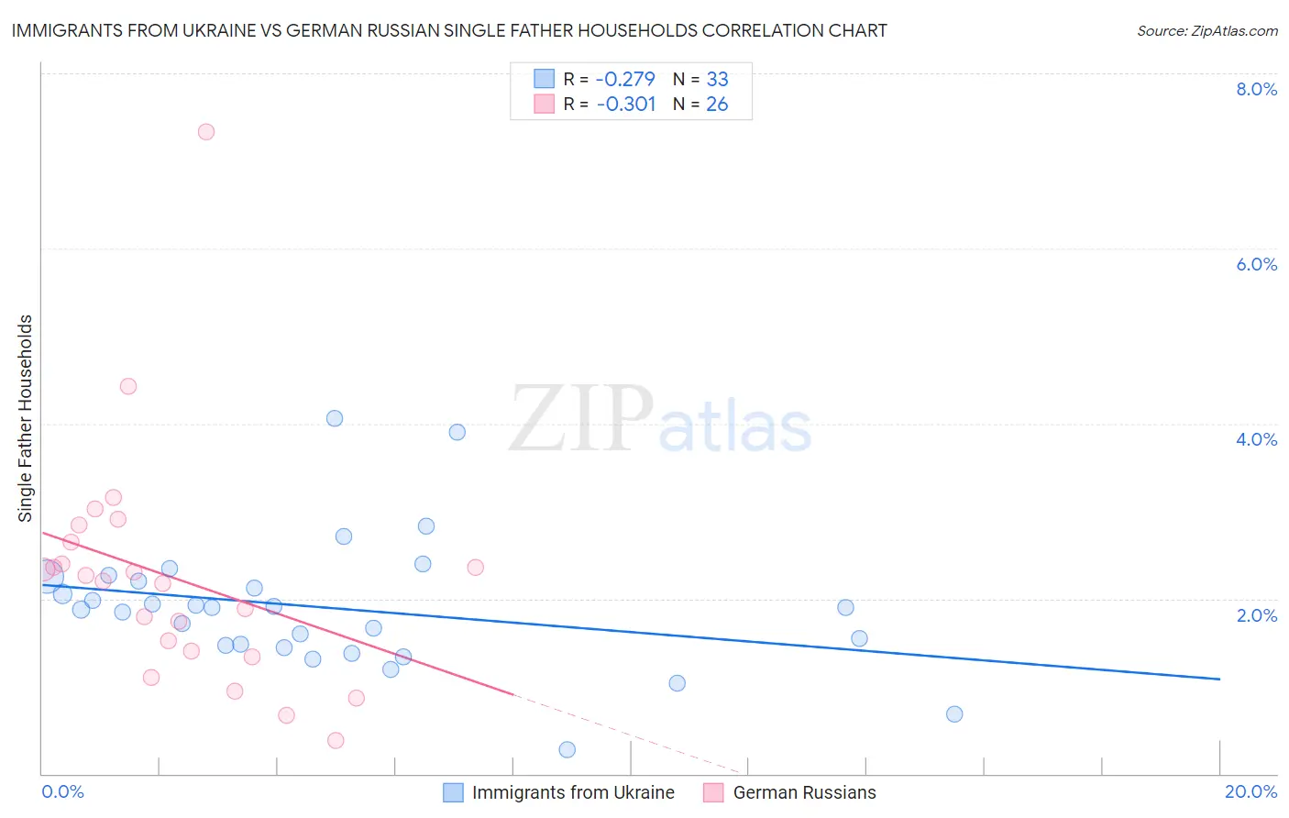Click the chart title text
(x=449, y=30)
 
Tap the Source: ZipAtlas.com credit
(x=1206, y=30)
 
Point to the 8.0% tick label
(x=1256, y=89)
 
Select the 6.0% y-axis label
(x=1256, y=264)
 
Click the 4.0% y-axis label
(x=1256, y=439)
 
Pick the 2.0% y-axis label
(x=1256, y=614)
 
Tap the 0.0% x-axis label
(x=62, y=791)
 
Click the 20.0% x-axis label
(x=1250, y=791)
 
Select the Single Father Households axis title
(x=26, y=418)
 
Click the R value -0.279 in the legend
(x=625, y=79)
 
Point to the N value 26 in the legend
(x=717, y=105)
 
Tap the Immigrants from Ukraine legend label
(x=573, y=792)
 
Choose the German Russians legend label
(x=804, y=792)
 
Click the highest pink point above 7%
(x=206, y=132)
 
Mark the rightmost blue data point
(x=954, y=714)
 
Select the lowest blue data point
(x=567, y=750)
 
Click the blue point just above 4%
(x=335, y=418)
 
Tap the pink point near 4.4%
(x=128, y=386)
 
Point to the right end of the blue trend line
(x=1219, y=679)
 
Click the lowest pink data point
(x=336, y=740)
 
